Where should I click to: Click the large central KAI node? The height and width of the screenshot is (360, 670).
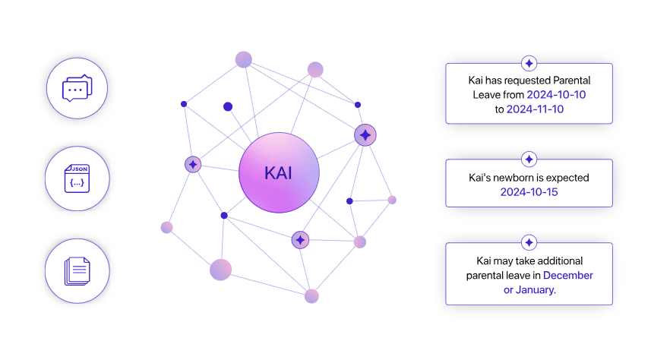(279, 172)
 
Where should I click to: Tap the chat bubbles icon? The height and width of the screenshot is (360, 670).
(76, 89)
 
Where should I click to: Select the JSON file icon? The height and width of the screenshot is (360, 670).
(76, 178)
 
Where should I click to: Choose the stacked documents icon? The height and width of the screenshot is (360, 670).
(76, 271)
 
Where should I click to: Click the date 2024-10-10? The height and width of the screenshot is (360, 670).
(556, 94)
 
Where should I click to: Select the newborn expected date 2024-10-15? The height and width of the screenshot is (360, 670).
(529, 191)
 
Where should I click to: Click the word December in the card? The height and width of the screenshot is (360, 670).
(567, 275)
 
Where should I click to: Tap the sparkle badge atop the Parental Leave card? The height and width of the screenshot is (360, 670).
(529, 63)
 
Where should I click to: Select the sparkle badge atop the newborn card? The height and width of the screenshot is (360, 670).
(529, 159)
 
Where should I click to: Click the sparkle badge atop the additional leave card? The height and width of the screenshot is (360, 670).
(529, 243)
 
